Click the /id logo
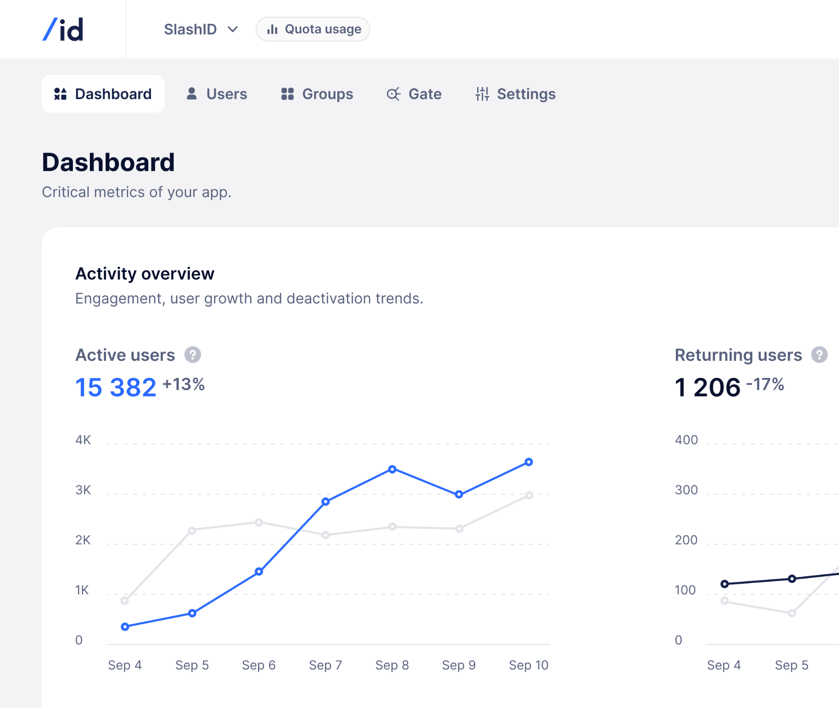63,29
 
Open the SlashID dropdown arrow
233,29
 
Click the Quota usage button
313,29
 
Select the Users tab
217,94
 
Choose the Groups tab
317,94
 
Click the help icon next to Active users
193,355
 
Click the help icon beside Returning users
819,355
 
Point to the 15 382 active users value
116,388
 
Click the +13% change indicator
183,385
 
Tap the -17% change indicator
765,385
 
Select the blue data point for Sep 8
393,469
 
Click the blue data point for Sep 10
529,462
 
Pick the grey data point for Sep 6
259,522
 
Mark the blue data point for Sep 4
125,627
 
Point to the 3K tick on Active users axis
83,490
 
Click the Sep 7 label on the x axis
325,665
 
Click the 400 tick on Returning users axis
686,440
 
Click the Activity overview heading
145,273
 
